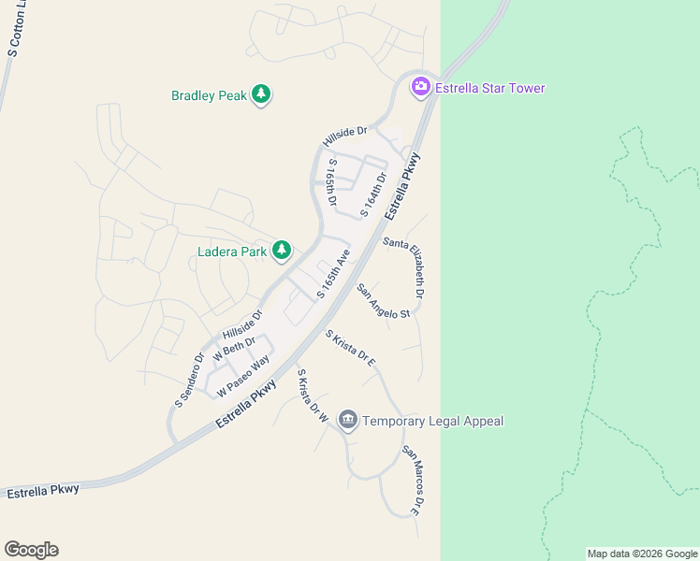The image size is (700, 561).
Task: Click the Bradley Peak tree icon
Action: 261,94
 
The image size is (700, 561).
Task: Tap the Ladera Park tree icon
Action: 282,250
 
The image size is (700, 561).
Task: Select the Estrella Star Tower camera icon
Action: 421,87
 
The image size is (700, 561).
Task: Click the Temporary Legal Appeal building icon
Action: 348,421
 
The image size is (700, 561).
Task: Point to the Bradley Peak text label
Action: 209,95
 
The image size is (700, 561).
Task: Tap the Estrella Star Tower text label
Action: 490,88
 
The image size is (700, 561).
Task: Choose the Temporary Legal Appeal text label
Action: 433,421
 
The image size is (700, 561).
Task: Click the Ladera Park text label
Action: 232,251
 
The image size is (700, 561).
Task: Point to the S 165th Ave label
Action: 333,273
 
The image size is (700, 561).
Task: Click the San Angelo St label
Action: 384,301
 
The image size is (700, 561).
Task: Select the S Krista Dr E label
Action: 350,348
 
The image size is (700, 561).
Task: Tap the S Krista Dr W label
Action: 309,394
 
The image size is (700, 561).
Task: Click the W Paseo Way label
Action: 243,374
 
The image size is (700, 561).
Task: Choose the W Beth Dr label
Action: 234,350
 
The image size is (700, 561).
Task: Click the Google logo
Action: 31,550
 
